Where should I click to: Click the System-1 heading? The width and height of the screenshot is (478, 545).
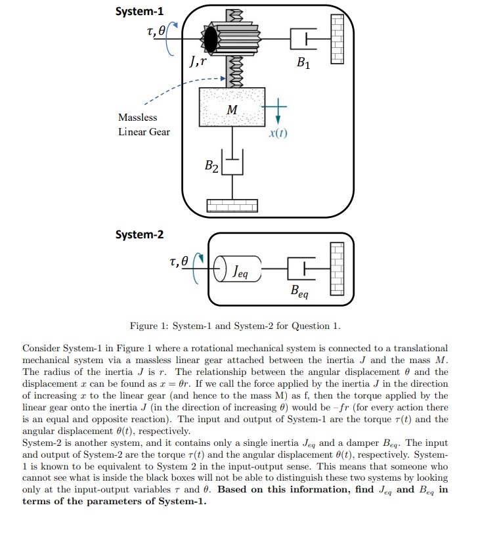coord(140,11)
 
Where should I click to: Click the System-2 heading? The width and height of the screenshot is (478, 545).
coord(140,234)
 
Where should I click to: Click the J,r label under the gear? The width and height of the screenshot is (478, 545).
coord(200,64)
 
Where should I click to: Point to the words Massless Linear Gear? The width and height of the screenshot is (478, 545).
coord(144,125)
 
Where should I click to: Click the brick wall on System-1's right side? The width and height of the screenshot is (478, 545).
coord(337,39)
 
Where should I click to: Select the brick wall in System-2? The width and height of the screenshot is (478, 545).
coord(337,268)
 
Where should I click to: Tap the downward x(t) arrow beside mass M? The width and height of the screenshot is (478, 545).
coord(277,113)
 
